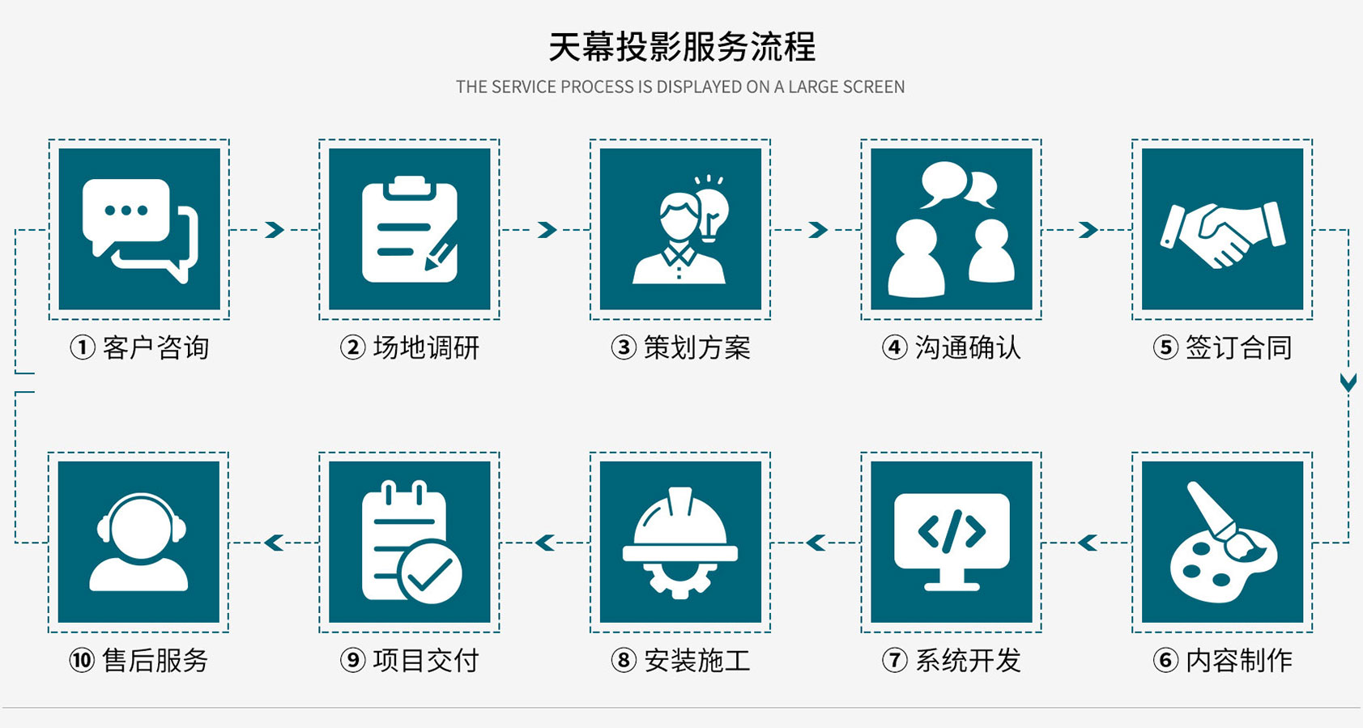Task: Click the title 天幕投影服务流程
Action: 681,47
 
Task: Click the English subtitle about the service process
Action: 680,87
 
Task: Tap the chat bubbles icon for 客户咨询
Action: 139,230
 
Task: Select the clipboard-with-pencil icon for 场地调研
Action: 410,230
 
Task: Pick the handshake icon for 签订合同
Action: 1222,234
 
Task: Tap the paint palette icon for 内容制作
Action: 1222,544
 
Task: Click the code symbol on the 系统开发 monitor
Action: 952,531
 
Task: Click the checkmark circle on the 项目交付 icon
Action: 430,573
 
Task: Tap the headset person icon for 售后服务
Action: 139,542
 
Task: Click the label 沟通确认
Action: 968,348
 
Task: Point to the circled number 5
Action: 1165,348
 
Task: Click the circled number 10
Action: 82,661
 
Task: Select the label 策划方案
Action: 696,348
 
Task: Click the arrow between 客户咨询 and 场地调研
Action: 275,230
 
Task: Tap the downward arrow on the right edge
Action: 1348,382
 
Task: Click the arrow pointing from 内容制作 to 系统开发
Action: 1087,543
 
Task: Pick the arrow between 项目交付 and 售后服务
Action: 274,543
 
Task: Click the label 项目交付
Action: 426,661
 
